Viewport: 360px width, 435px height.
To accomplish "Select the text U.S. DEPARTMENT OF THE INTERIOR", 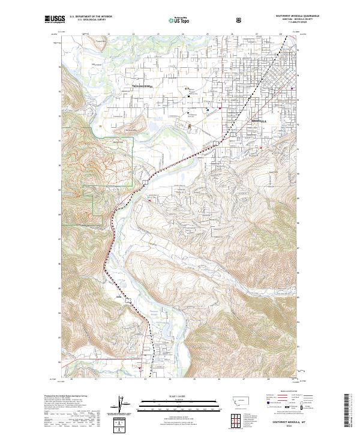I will click(x=90, y=17).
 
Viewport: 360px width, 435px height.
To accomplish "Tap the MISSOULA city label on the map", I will click(x=257, y=121).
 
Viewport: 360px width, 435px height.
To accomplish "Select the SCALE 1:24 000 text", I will click(x=179, y=396).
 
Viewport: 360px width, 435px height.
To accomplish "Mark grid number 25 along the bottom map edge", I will click(x=194, y=379).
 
